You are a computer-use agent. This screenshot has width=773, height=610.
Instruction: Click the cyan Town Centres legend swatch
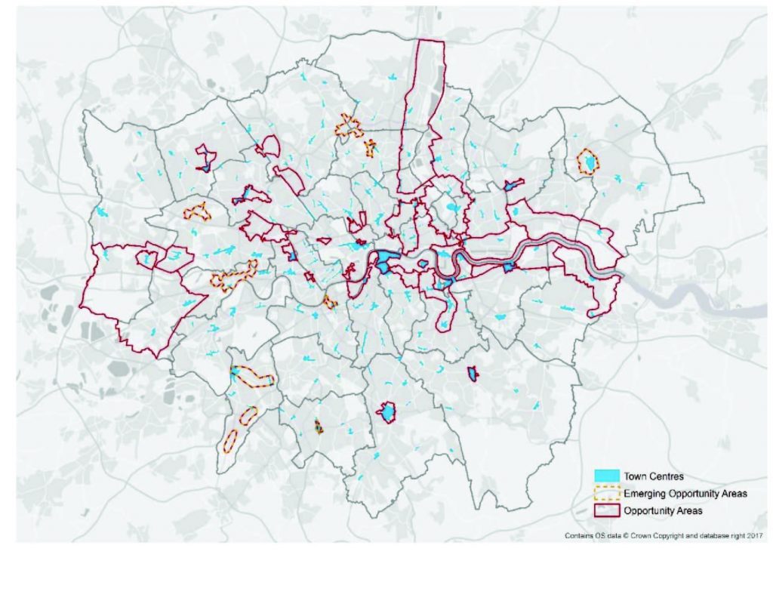click(608, 476)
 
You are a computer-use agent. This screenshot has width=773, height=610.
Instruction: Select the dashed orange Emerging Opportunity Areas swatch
click(608, 494)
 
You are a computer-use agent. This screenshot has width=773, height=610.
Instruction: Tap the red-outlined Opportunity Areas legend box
click(608, 511)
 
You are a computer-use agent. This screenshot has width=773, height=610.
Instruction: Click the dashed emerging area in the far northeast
click(587, 162)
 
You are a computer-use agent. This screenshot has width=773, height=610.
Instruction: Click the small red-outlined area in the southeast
click(473, 373)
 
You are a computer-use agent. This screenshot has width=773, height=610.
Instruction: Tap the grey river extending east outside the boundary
click(679, 296)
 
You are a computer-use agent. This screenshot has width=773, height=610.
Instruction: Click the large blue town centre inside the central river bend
click(388, 261)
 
